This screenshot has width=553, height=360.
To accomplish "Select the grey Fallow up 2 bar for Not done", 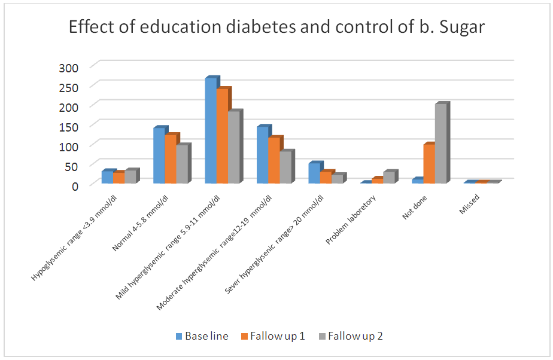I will point(440,144).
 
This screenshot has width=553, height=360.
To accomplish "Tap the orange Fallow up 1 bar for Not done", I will point(429,163).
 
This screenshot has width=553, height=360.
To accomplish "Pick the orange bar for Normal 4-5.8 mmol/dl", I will point(170,158).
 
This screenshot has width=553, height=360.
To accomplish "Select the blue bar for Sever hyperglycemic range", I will point(314,173).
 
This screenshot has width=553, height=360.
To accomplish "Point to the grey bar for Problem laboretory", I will point(388,177).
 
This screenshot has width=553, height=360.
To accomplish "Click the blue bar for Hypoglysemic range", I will point(108,176).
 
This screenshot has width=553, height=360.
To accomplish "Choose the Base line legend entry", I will point(202,336).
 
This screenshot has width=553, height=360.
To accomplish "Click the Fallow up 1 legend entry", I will point(273,336).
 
